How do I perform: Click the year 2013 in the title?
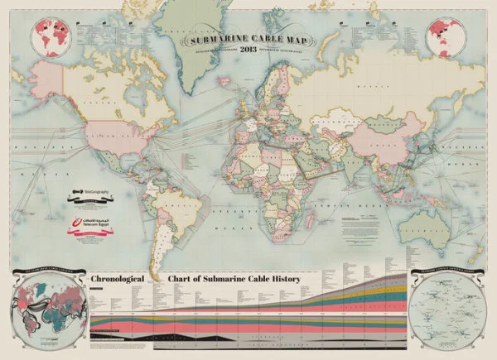(248, 50)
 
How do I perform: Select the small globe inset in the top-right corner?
(443, 36)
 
